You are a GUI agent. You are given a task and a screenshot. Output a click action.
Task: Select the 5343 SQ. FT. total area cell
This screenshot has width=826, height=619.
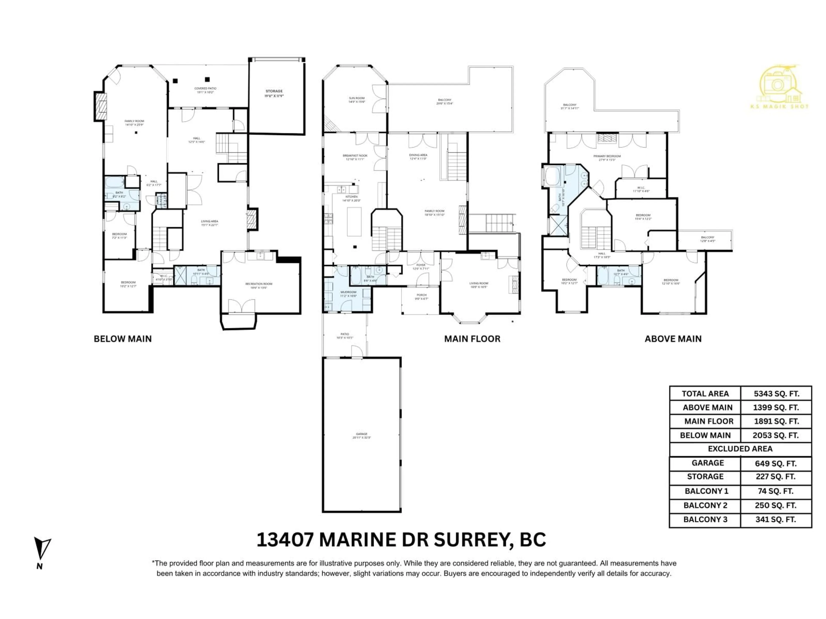pos(776,394)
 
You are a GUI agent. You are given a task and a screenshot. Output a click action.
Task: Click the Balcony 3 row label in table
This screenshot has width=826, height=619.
pos(705,519)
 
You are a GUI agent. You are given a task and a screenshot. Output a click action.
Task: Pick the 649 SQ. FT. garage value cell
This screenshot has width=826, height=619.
pos(776,463)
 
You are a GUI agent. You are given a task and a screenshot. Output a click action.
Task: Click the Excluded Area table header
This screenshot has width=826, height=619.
pos(740,449)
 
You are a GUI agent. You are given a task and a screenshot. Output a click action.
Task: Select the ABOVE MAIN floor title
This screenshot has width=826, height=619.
pos(673,339)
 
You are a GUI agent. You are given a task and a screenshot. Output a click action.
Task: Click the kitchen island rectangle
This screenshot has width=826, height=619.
pos(354,222)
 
